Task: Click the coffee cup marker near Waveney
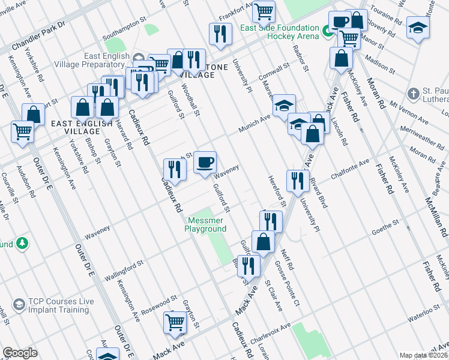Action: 205,162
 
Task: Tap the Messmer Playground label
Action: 205,224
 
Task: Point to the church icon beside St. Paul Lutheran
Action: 413,94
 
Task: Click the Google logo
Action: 20,353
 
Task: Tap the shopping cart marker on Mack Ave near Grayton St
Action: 175,322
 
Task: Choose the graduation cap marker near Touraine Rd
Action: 418,27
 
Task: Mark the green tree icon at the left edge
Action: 22,243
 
